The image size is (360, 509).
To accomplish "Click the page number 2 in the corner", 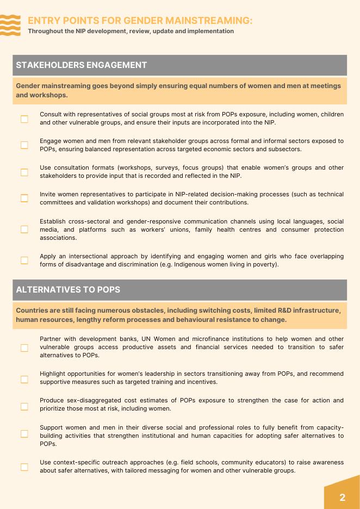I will click(x=342, y=497).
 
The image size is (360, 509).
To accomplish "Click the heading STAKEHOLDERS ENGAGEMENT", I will click(x=82, y=65).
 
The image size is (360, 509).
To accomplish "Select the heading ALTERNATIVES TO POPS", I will click(x=69, y=290).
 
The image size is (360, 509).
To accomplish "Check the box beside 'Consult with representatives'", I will click(x=24, y=119).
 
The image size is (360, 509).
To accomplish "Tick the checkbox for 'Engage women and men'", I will click(x=24, y=145).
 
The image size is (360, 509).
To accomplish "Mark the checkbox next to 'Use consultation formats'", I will click(x=24, y=172).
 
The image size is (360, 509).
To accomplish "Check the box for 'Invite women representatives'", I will click(x=24, y=198).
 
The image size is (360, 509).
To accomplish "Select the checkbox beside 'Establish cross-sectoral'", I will click(x=24, y=229).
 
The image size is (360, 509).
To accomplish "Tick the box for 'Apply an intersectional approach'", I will click(x=24, y=260).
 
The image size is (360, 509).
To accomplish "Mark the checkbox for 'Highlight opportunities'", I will click(x=24, y=379).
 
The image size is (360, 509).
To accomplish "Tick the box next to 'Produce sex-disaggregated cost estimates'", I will click(x=24, y=406).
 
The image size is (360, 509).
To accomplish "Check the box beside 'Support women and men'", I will click(x=24, y=434).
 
